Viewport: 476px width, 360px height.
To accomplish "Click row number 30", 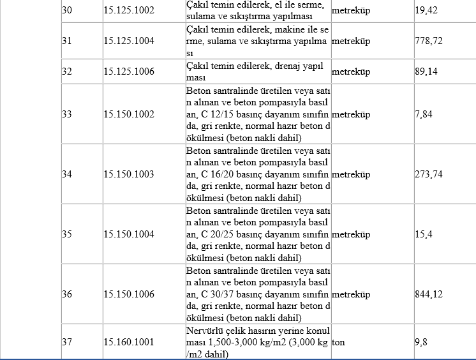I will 67,11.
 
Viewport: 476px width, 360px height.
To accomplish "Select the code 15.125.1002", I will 128,11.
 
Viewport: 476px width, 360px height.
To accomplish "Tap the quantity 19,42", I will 426,11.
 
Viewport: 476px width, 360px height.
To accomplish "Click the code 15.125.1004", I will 128,41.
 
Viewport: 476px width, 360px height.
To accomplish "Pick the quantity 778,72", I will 429,41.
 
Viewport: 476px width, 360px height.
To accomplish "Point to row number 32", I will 67,71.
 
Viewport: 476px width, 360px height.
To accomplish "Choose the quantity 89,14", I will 426,71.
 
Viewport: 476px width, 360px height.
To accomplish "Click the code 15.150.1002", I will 128,114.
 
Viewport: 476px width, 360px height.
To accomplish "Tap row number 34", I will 67,174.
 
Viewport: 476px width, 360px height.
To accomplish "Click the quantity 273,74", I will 429,174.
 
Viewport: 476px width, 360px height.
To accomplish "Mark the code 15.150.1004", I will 128,234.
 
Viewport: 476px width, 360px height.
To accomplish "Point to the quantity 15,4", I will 424,234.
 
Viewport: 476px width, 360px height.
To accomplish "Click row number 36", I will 67,294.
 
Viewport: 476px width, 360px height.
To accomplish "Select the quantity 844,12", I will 429,294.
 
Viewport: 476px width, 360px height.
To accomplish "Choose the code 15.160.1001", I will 128,342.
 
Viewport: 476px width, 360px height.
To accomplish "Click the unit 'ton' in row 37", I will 338,342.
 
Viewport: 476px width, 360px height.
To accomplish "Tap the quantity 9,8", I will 421,342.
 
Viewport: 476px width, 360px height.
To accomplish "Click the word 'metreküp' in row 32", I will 351,71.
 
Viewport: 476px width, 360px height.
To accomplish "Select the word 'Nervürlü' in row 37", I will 204,330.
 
